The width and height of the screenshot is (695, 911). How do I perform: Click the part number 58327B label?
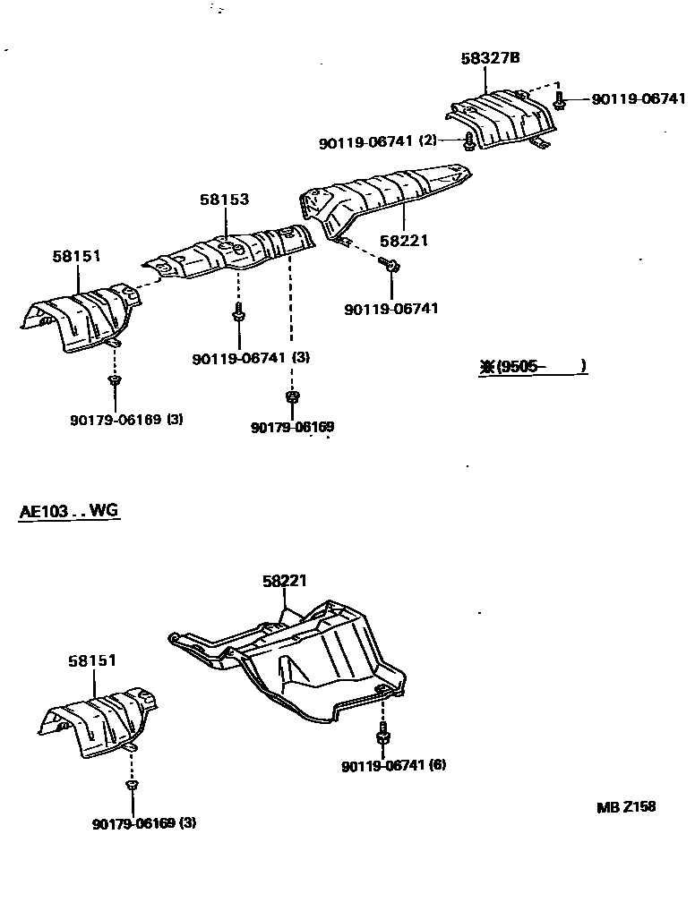[491, 58]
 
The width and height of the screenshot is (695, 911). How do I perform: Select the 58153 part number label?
[224, 200]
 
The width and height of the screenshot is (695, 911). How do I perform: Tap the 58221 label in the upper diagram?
[404, 240]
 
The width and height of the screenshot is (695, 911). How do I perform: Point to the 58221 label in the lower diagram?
[285, 581]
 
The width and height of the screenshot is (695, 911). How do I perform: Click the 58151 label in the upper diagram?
[76, 256]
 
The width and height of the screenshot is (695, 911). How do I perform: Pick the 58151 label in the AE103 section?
[92, 660]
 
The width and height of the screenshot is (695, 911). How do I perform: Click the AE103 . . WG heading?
[69, 512]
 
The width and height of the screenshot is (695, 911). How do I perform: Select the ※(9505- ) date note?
[533, 365]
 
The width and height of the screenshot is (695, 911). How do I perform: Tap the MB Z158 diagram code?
[626, 806]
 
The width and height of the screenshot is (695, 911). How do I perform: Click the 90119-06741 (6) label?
[393, 765]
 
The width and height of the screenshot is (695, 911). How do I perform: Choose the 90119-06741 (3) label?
[251, 358]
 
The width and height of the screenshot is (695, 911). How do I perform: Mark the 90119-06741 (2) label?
[377, 141]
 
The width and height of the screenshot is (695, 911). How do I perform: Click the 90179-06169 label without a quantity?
[292, 428]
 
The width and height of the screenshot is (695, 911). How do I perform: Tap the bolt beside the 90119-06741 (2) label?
[469, 140]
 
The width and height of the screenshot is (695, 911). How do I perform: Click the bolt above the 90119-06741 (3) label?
[239, 313]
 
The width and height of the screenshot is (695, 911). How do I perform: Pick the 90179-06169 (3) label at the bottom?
[143, 822]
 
